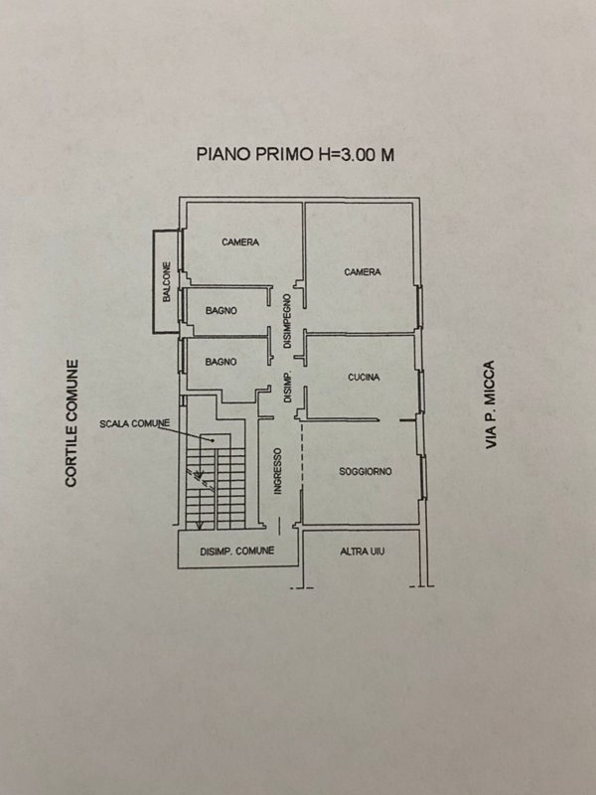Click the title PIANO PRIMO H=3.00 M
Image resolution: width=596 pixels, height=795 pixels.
click(295, 154)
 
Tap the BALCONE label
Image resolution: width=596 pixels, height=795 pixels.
click(167, 282)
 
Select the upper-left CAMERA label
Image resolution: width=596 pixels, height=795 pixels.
click(240, 242)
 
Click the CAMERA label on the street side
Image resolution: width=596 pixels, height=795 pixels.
click(363, 272)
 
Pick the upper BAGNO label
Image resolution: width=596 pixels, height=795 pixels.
click(221, 311)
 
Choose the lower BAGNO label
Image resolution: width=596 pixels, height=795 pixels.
click(221, 362)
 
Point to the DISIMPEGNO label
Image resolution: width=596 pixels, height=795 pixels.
click(287, 321)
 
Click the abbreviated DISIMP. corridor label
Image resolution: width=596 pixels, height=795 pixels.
click(287, 388)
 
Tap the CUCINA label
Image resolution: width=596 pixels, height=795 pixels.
click(364, 378)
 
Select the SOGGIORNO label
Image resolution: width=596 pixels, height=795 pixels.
click(365, 471)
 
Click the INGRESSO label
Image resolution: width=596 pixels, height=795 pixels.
click(277, 471)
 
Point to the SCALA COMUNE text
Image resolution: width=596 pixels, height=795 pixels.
click(134, 423)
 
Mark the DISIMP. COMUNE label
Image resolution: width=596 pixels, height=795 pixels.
click(237, 551)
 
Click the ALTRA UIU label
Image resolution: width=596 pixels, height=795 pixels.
click(362, 552)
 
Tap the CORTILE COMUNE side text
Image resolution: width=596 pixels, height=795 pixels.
click(72, 423)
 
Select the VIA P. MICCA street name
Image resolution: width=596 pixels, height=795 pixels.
click(490, 404)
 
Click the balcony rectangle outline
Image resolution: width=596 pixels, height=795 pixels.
click(154, 282)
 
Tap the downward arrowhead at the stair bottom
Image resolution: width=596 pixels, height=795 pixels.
click(200, 526)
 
